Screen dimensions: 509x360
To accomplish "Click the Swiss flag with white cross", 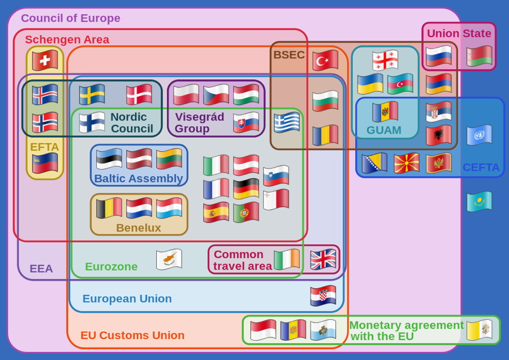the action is click(x=45, y=60).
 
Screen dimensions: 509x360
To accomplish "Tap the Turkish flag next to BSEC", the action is click(x=325, y=60).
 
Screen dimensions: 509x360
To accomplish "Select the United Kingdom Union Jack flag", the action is click(x=323, y=259).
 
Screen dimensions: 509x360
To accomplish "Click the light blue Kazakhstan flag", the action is click(x=479, y=202).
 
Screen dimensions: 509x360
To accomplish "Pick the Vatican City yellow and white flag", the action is click(x=479, y=330).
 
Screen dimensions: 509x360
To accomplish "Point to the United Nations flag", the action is click(x=479, y=135).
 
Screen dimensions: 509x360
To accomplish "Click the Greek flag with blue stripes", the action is click(x=287, y=122).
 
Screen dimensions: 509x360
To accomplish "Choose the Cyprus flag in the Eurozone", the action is click(x=169, y=259).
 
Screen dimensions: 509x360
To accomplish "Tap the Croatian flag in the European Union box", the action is click(x=323, y=295).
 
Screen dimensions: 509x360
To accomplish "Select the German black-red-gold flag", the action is click(x=246, y=188).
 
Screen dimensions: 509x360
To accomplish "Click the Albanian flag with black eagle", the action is click(x=438, y=135).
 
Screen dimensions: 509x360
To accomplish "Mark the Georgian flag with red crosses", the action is click(x=385, y=60).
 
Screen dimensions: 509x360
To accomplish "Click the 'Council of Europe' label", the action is click(x=71, y=18).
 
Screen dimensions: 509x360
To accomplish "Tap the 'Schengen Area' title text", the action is click(x=67, y=40).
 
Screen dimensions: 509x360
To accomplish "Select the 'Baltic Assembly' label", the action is click(x=139, y=179).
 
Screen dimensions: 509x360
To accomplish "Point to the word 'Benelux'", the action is click(x=139, y=228).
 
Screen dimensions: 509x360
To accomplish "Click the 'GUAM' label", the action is click(x=383, y=130).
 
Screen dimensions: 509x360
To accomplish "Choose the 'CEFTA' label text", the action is click(x=481, y=168).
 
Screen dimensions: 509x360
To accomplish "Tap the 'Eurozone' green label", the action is click(x=111, y=267).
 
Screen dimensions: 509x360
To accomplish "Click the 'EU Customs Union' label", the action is click(x=132, y=335).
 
